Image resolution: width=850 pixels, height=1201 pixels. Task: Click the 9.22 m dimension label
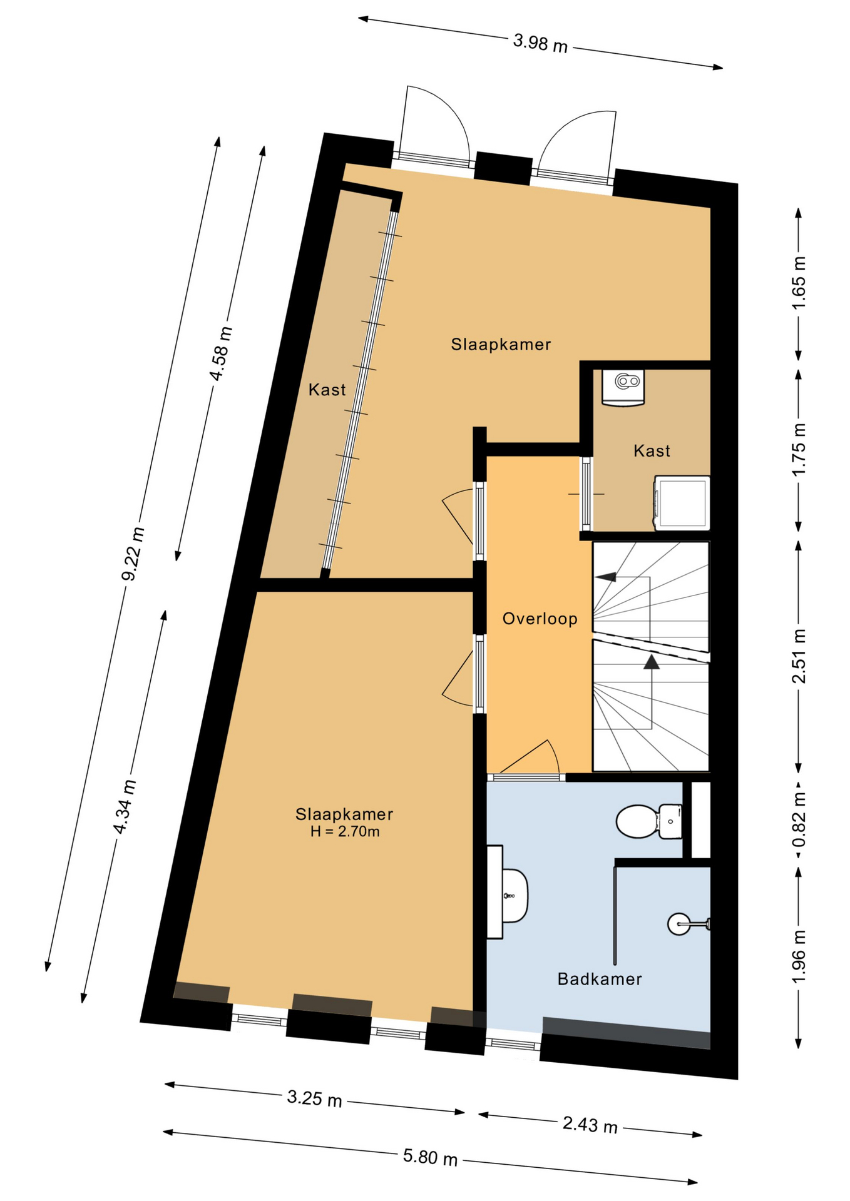tap(133, 554)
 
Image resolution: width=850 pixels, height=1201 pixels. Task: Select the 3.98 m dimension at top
tap(540, 43)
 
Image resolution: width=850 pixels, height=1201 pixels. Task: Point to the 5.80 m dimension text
tap(430, 1157)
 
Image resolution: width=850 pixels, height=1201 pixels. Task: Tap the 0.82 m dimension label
tap(799, 819)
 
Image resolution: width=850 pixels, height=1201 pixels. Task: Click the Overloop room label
tap(540, 619)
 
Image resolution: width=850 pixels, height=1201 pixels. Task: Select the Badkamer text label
tap(600, 979)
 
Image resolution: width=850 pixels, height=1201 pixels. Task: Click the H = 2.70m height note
tap(345, 832)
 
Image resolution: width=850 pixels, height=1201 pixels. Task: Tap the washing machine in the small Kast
tap(682, 504)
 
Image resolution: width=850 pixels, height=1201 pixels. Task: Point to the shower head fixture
tap(689, 923)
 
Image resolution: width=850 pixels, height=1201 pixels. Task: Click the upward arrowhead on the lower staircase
tap(652, 662)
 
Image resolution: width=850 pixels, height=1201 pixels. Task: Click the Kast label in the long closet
tap(327, 390)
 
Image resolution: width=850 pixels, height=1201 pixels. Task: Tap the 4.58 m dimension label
tap(221, 353)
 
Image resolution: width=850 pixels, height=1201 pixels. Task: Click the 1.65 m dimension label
tap(799, 283)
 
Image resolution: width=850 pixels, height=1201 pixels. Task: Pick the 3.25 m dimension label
tap(314, 1098)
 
